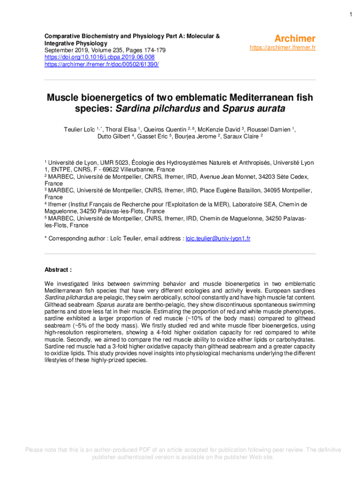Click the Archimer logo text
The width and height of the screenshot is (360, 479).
coord(295,38)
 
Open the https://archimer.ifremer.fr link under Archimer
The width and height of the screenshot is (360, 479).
coord(283,48)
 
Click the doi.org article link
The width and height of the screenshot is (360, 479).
coord(99,57)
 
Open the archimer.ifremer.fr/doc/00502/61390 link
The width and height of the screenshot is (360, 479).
coord(101,64)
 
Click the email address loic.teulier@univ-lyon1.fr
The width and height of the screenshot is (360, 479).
coord(218,239)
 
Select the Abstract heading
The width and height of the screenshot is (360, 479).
coord(58,270)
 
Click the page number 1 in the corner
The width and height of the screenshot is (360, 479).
coord(350,15)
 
